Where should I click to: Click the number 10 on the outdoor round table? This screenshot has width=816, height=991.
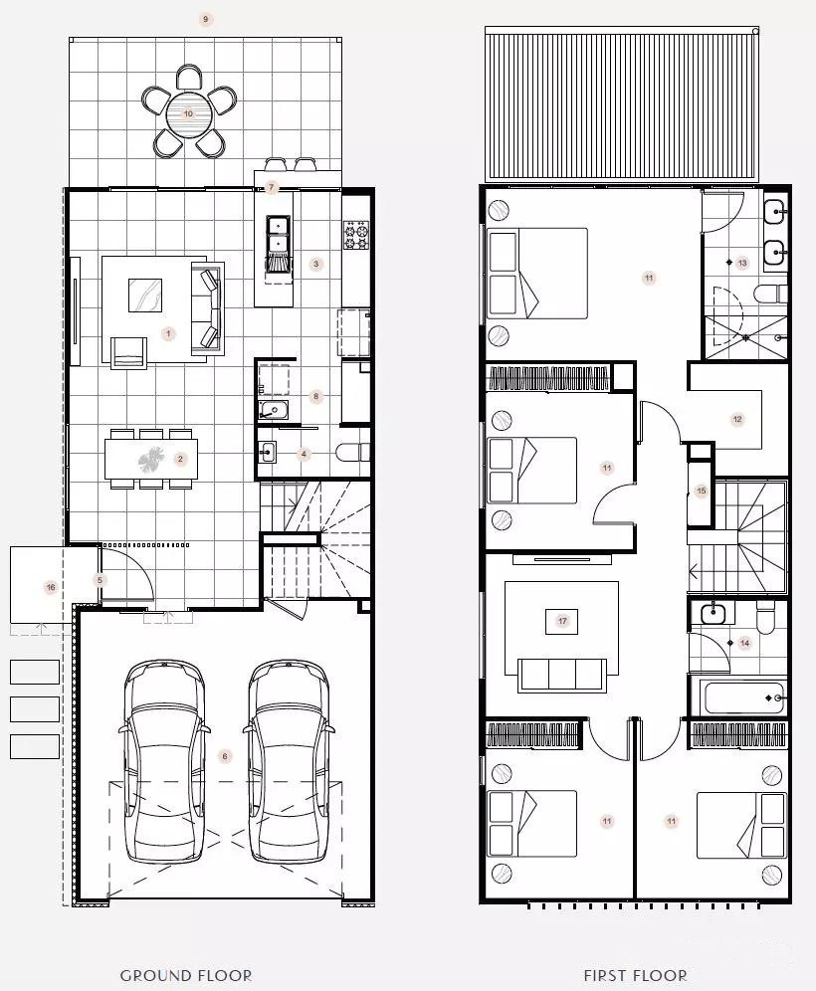(x=188, y=113)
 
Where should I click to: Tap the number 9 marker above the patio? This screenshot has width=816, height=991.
(x=205, y=19)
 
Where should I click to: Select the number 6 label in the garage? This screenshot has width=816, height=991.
(x=224, y=756)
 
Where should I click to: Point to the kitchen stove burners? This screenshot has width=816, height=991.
(x=356, y=235)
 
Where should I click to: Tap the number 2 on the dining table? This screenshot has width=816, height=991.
(x=180, y=459)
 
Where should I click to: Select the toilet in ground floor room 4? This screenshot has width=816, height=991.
(x=352, y=453)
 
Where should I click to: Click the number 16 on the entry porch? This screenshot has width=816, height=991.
(x=51, y=587)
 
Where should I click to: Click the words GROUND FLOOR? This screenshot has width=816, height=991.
(x=186, y=975)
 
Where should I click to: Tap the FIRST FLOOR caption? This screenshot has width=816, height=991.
(x=635, y=975)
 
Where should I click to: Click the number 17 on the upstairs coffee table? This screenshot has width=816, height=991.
(x=562, y=621)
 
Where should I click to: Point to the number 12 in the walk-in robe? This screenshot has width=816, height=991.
(x=737, y=419)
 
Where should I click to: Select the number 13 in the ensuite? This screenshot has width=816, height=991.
(x=742, y=263)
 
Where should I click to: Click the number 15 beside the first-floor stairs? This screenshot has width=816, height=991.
(x=701, y=491)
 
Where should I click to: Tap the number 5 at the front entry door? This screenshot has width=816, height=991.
(x=100, y=580)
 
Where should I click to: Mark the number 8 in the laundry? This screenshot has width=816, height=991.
(x=316, y=397)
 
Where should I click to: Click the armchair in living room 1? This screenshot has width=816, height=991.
(x=129, y=352)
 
